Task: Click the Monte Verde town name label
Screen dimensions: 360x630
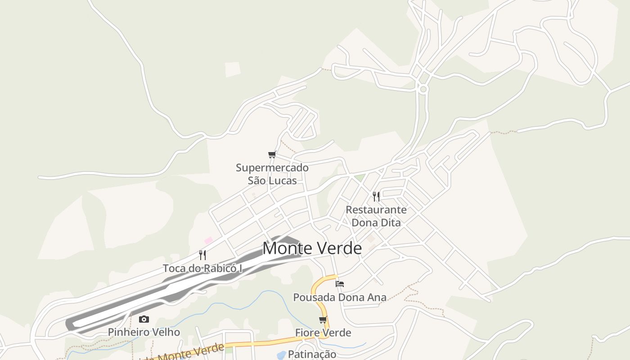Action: point(312,248)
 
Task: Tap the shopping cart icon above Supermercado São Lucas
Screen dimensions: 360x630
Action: point(272,155)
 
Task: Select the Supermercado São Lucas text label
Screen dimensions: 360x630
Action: point(272,174)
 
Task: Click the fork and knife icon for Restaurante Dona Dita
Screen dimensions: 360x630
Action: point(376,196)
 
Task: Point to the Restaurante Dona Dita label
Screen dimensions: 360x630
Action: point(376,216)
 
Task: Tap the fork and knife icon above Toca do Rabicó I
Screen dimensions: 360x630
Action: point(202,255)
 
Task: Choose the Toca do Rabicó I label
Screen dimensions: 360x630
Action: point(202,269)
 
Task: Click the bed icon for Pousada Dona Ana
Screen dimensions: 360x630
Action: point(340,284)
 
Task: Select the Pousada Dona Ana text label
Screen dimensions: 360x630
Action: point(340,297)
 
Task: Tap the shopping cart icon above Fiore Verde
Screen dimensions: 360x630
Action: point(323,320)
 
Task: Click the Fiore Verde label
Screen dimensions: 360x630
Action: point(323,333)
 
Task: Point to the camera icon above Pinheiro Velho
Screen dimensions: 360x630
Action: point(144,319)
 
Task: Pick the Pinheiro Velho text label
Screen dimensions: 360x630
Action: point(144,333)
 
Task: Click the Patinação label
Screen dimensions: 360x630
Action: point(312,354)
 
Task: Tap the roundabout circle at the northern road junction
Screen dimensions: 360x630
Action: point(423,89)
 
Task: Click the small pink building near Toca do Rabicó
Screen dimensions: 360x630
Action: point(208,241)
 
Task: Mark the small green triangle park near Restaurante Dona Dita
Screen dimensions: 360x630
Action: point(359,178)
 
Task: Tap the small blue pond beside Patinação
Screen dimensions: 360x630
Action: point(281,355)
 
